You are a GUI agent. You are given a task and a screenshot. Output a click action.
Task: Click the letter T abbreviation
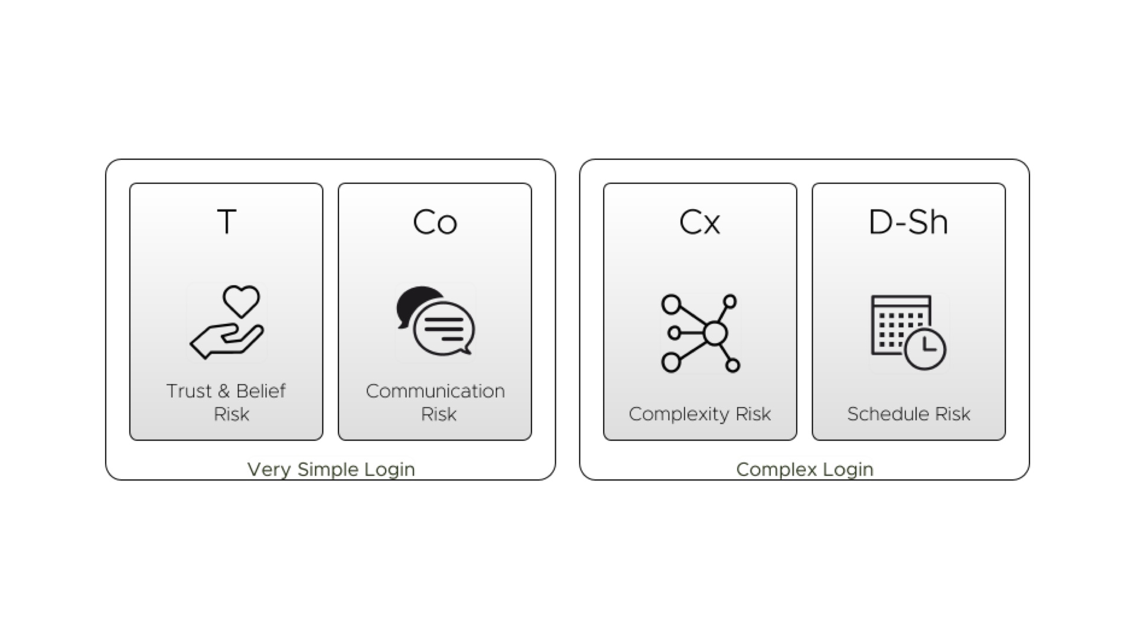(x=227, y=222)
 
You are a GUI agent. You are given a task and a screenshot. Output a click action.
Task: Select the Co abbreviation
(x=435, y=223)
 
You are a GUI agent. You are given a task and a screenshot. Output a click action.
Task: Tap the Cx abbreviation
(x=700, y=223)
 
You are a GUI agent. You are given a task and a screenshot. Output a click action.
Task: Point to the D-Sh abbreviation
(x=908, y=222)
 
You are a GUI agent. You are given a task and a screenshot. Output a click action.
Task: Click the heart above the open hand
(x=241, y=301)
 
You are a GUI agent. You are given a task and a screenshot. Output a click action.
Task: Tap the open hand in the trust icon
(x=226, y=341)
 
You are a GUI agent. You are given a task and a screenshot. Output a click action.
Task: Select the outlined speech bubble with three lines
(x=444, y=328)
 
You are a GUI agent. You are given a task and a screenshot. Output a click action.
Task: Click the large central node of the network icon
(x=715, y=333)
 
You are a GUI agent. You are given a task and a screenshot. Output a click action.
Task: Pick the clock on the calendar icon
(x=926, y=349)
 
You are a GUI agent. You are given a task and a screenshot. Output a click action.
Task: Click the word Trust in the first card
(x=189, y=391)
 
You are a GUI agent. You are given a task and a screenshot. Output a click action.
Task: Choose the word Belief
(x=260, y=390)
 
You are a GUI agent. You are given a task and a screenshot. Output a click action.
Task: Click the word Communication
(x=435, y=391)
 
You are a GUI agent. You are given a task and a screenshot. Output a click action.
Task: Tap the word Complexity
(x=679, y=415)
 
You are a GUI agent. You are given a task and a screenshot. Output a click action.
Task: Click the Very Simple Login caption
(x=331, y=470)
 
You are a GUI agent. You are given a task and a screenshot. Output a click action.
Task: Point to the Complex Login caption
(x=804, y=470)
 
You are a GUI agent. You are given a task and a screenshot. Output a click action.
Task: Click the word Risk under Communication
(x=438, y=414)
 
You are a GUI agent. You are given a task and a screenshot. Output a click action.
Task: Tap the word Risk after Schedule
(x=953, y=414)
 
